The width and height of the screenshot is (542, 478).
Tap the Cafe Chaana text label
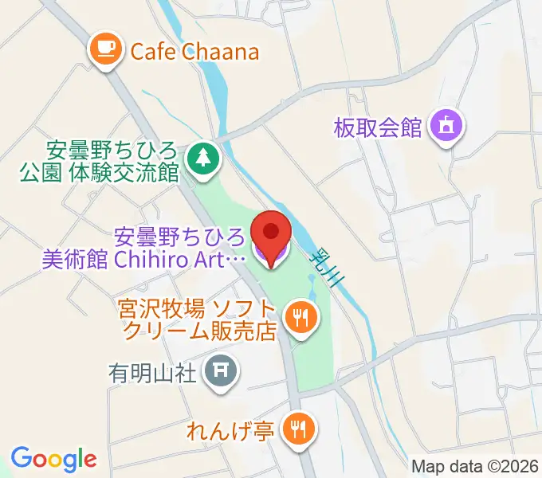coord(194,52)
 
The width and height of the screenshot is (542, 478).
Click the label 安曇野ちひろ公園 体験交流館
coord(112,161)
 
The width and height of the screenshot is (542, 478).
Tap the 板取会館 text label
coord(378,127)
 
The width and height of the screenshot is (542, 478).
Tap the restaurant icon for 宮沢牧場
coord(302,319)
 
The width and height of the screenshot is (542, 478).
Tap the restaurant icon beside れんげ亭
coord(301,431)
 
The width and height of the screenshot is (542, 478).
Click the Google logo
coord(53,459)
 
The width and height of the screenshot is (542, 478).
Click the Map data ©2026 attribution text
coord(474,467)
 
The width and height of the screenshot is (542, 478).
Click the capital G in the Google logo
coord(21,458)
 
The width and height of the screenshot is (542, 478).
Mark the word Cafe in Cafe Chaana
coord(153,52)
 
